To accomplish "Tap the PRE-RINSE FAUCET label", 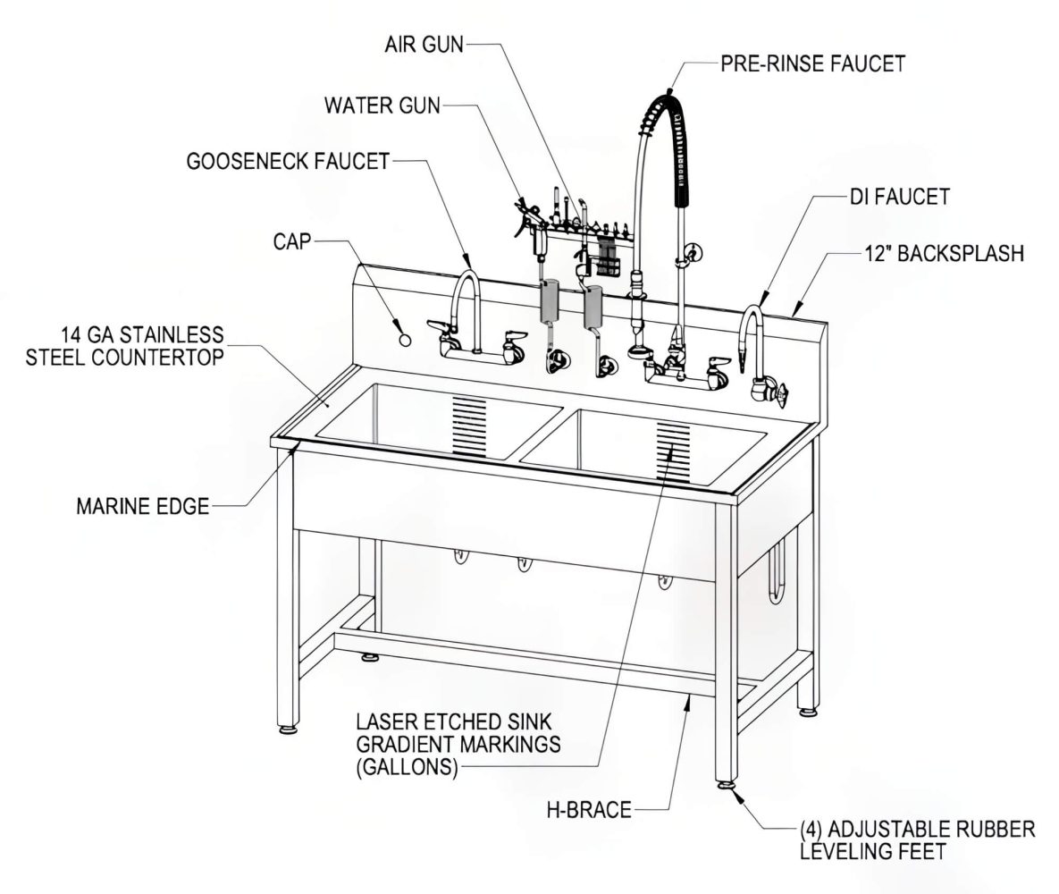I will pos(812,63).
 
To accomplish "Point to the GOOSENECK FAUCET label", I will pos(288,162).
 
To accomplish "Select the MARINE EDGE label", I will pos(142,507).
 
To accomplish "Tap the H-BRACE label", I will pos(589,810).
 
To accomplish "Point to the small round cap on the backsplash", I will pos(404,340).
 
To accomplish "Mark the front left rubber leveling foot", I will pos(288,728).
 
